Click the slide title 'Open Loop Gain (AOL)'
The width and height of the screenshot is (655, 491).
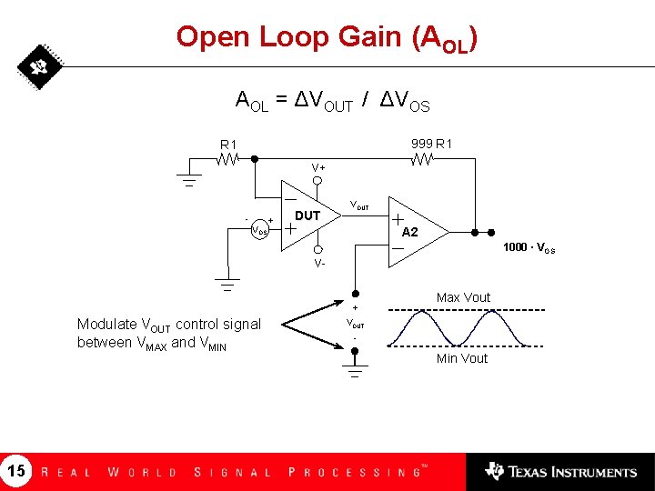click(327, 38)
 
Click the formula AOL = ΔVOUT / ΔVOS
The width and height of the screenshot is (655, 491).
click(333, 101)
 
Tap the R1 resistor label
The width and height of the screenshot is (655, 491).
click(227, 144)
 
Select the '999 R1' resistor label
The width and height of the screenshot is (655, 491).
click(432, 143)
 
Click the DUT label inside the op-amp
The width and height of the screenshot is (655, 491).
click(307, 215)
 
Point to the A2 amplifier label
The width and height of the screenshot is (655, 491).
click(410, 232)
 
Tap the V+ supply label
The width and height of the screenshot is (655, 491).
click(318, 168)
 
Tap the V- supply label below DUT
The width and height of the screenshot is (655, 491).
click(318, 264)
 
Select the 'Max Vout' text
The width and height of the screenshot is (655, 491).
click(463, 297)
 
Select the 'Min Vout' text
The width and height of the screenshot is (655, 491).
click(462, 358)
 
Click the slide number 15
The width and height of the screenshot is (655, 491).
click(16, 471)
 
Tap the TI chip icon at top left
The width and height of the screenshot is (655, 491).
click(38, 66)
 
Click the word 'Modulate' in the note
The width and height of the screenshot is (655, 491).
click(106, 325)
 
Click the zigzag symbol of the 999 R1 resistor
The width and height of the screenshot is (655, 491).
click(421, 159)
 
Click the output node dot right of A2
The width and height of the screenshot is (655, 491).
click(491, 232)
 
